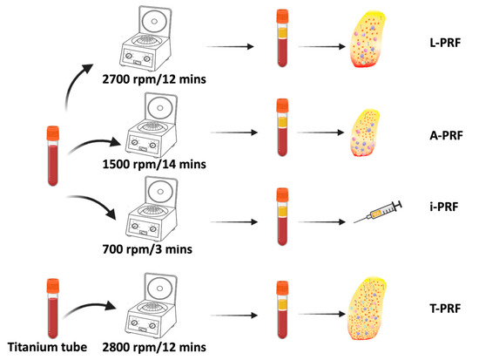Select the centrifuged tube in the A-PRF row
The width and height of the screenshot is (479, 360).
coord(281,130)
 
